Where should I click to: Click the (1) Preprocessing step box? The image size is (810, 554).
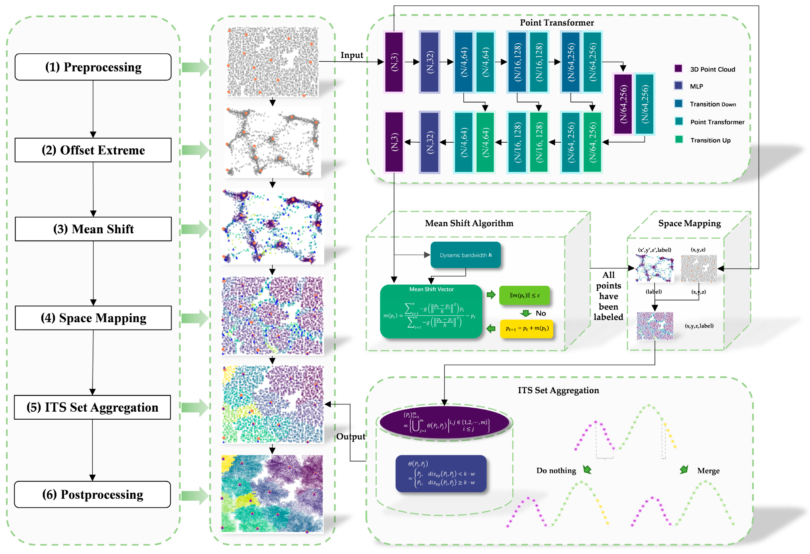coord(93,67)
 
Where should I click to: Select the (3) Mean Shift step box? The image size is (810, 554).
coord(93,229)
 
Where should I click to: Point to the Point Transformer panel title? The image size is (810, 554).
coord(557,22)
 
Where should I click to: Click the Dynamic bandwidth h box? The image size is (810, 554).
coord(465,255)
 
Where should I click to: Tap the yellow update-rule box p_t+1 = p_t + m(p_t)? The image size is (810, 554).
coord(526,329)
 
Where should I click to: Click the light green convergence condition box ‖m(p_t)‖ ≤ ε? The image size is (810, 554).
coord(524,295)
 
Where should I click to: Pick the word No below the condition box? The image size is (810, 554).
coord(541,313)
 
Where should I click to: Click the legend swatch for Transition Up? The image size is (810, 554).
coord(679,140)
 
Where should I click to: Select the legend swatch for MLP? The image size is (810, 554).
coord(678,85)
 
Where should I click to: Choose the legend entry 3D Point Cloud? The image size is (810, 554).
coord(712,69)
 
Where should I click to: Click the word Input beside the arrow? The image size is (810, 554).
coord(351,55)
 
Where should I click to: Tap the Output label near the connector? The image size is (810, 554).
coord(351,437)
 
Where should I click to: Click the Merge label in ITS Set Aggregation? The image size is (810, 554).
coord(708,471)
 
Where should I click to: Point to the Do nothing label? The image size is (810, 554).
coord(556,471)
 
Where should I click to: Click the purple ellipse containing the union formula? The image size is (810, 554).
coord(444,423)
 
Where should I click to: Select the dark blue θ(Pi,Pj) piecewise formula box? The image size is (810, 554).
coord(441,473)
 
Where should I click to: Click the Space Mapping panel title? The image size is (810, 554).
coord(689,223)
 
